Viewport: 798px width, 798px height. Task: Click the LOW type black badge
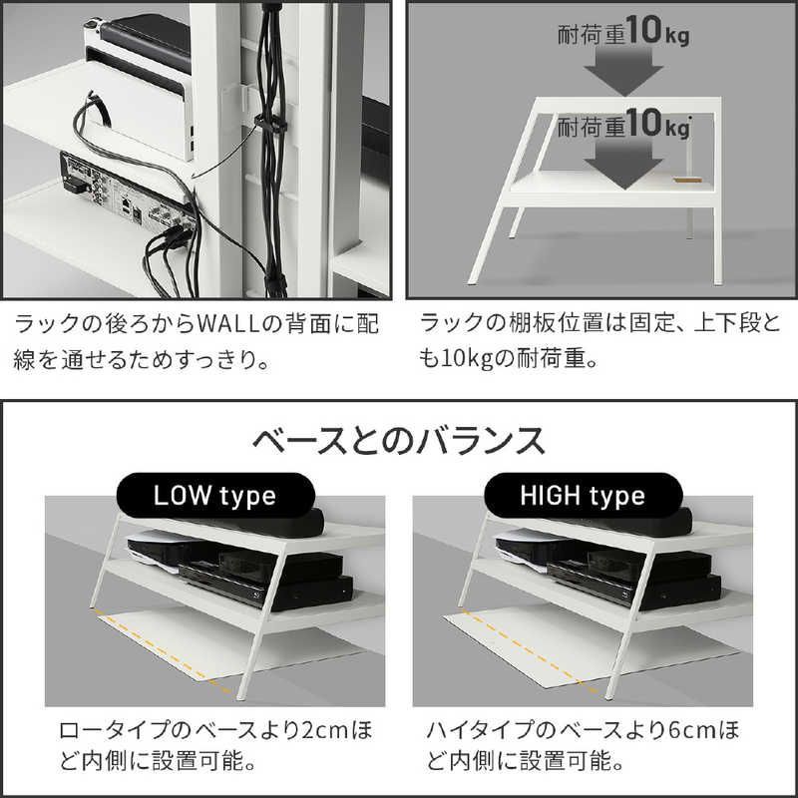tap(214, 495)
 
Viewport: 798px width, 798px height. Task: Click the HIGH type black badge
tap(583, 495)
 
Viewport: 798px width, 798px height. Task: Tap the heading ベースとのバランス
tap(398, 441)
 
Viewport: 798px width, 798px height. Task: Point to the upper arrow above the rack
tap(623, 70)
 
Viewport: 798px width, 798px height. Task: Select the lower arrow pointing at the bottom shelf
tap(623, 163)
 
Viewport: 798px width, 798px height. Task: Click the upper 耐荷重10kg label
tap(623, 31)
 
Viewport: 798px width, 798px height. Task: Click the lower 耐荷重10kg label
tap(623, 124)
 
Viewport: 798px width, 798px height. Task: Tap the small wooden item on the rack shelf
tap(688, 180)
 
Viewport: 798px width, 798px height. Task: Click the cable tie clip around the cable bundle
tap(269, 123)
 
